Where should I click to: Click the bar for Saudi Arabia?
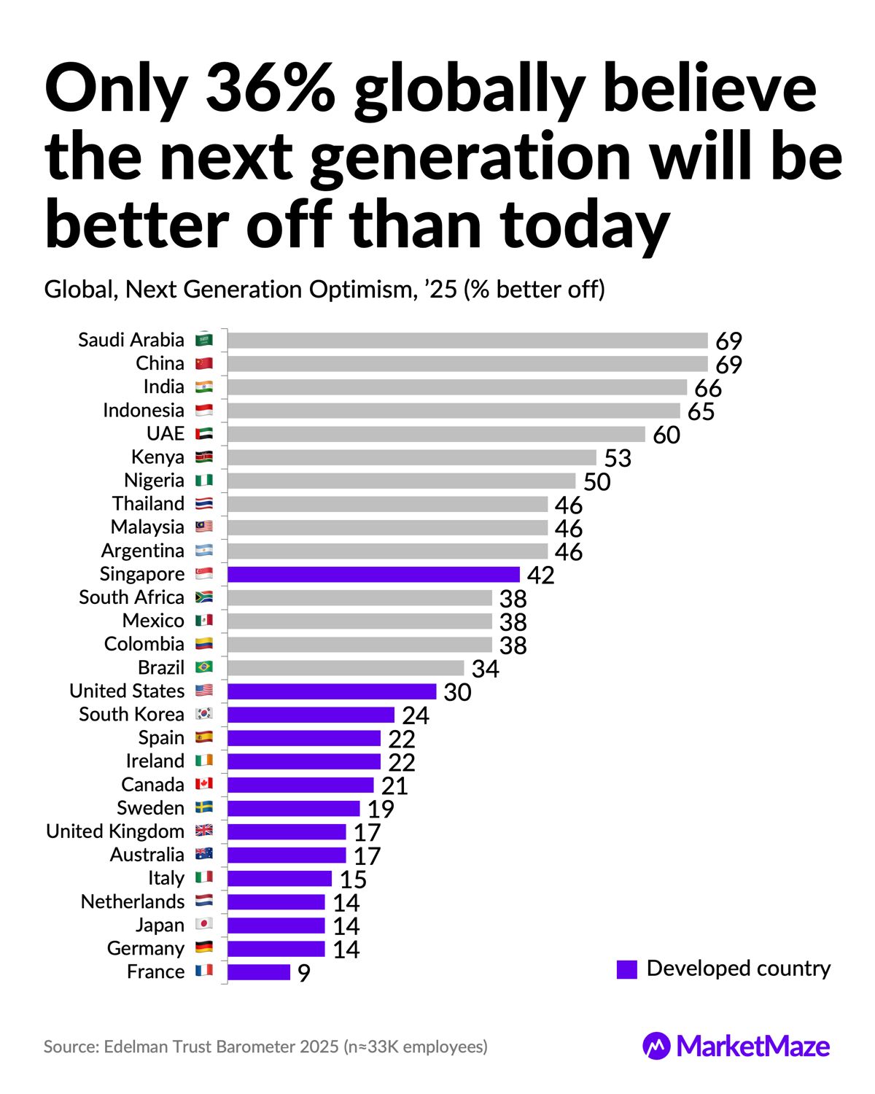[x=467, y=341]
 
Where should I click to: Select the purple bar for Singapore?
[x=373, y=575]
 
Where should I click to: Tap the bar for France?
[x=259, y=972]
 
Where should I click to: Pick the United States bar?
[x=332, y=691]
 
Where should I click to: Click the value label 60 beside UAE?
[x=666, y=435]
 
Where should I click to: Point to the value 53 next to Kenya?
[x=618, y=459]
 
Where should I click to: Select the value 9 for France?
[x=304, y=974]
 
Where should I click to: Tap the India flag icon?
[x=204, y=387]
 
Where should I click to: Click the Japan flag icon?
[x=204, y=925]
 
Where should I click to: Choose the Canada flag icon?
[x=204, y=785]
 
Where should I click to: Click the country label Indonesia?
[x=144, y=411]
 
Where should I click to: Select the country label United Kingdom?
[x=115, y=831]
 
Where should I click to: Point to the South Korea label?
[x=132, y=715]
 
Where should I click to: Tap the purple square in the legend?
[x=627, y=969]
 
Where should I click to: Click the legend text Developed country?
[x=739, y=969]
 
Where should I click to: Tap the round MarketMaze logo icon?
[x=656, y=1047]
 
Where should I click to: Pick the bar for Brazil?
[x=346, y=668]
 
